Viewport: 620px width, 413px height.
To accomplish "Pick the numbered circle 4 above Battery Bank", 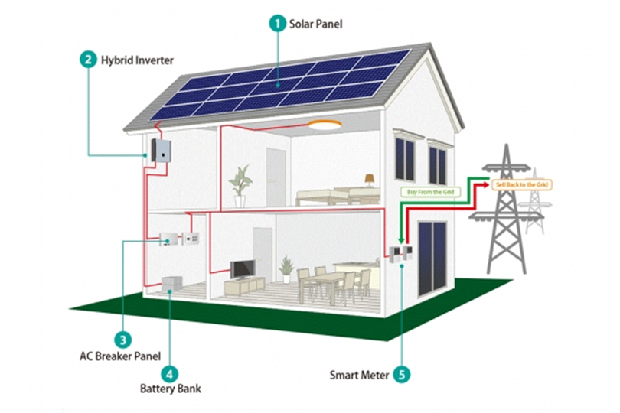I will [x=169, y=375].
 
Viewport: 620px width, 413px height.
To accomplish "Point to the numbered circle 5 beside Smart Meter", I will [x=402, y=375].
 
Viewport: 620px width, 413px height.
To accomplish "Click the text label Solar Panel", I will [x=316, y=24].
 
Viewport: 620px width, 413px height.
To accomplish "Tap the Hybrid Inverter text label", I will [x=138, y=60].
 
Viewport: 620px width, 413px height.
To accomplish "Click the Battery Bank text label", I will [x=170, y=389].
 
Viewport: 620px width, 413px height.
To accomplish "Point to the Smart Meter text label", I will [x=359, y=376].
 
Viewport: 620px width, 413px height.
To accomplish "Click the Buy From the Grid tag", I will [x=428, y=193].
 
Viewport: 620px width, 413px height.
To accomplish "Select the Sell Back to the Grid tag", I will [x=523, y=185].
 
